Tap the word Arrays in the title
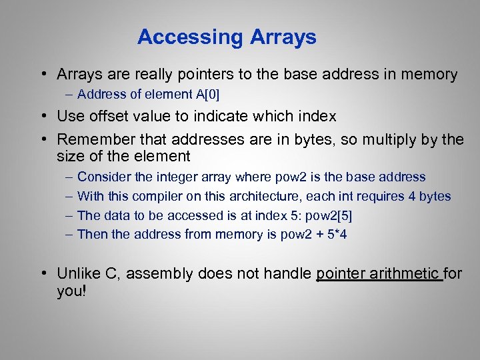click(283, 37)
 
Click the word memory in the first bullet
click(428, 75)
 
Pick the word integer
click(195, 177)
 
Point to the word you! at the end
click(72, 291)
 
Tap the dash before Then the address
click(70, 235)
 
